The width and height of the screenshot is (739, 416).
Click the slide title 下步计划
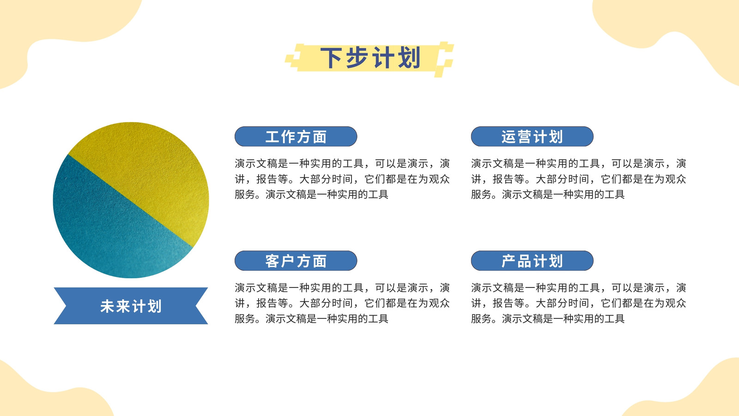pos(370,58)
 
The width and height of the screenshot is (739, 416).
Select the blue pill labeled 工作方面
pos(296,136)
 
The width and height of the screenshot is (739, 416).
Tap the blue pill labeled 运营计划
pos(532,136)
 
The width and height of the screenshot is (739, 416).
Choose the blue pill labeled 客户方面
pos(296,261)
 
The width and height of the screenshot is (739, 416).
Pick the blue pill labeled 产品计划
pos(532,261)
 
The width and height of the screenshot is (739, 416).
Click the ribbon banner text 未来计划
pos(131,306)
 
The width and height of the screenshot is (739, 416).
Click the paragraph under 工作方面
pos(342,179)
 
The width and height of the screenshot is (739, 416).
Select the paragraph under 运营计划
pos(578,179)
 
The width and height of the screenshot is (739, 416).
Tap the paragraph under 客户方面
pos(342,303)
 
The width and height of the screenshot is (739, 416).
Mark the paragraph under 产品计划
pos(578,303)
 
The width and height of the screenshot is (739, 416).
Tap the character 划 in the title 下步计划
pos(409,58)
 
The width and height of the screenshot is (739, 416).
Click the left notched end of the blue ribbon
pos(61,306)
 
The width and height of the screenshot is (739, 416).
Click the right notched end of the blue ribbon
pos(201,306)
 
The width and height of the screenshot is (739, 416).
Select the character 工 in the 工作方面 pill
pos(272,137)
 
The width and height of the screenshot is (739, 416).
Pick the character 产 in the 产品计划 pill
pos(509,261)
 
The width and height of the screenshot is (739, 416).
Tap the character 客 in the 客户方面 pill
pos(272,261)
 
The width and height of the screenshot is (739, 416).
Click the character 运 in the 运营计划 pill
pos(509,137)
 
